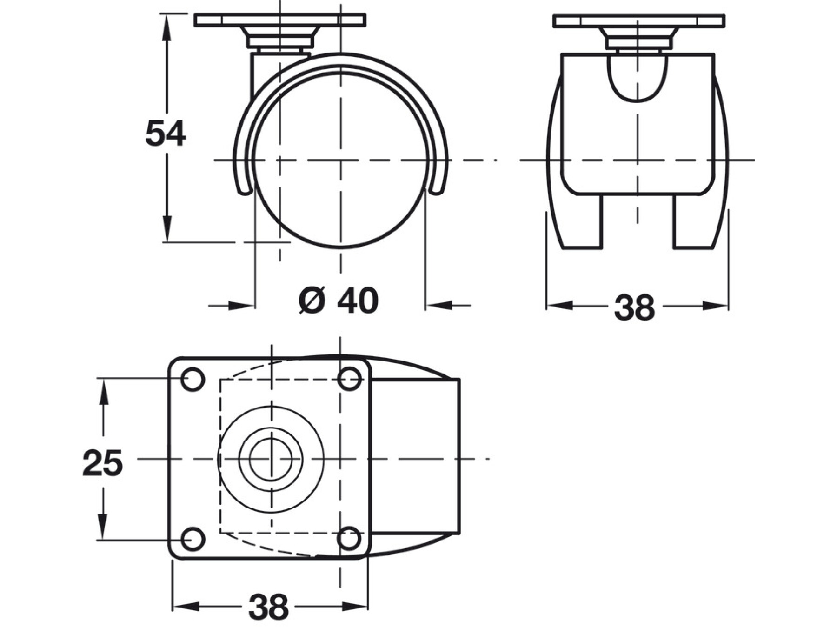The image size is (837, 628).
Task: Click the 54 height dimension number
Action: pos(166,134)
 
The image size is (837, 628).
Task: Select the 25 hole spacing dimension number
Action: pos(102,463)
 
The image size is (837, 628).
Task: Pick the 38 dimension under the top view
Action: pos(268,607)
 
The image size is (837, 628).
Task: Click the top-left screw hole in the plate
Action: pos(193,379)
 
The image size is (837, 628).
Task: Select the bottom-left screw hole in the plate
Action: pos(193,539)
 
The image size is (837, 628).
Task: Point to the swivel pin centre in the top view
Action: pos(271,459)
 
